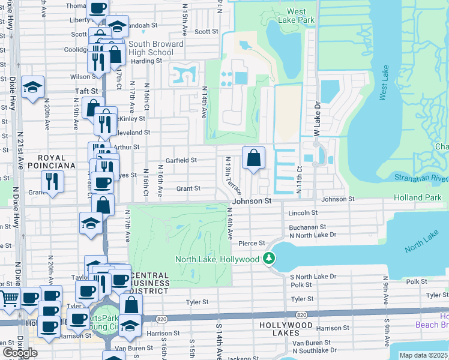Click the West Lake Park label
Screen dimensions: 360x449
click(x=300, y=16)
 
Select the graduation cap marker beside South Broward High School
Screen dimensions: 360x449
click(x=118, y=27)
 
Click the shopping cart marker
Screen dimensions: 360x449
click(x=10, y=298)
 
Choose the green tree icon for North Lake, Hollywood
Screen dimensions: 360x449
click(x=270, y=259)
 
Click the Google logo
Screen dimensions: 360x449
click(x=20, y=352)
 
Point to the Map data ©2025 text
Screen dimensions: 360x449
click(x=424, y=355)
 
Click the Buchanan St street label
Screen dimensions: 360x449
click(x=307, y=227)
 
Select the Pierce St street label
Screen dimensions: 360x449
click(x=252, y=243)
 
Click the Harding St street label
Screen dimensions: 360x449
click(x=143, y=61)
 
